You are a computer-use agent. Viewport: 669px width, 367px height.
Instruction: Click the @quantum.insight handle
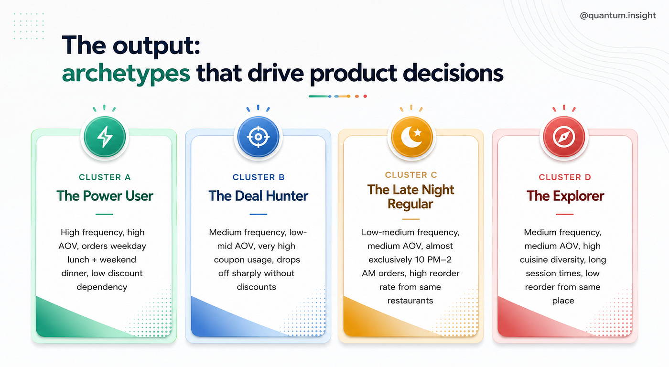(x=617, y=15)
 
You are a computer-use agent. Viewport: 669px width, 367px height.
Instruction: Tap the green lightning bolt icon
(x=105, y=137)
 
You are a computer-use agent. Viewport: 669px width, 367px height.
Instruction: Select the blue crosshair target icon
(x=259, y=137)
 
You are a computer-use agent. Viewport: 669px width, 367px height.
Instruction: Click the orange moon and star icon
(x=411, y=137)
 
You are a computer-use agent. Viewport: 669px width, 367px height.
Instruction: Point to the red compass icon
(x=564, y=137)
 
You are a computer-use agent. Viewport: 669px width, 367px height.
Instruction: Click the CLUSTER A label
(x=105, y=177)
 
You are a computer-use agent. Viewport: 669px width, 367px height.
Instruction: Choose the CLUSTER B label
(x=259, y=177)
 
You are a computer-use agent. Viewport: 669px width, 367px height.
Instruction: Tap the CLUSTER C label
(x=411, y=175)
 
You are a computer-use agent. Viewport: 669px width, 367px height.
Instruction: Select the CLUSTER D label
(x=565, y=177)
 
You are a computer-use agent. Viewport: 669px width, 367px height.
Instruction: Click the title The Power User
(x=105, y=196)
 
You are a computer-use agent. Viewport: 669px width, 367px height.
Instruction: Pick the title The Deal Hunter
(x=259, y=196)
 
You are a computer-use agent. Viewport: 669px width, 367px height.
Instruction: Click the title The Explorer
(x=565, y=196)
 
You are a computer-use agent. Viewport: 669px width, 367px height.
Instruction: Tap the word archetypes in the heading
(x=126, y=74)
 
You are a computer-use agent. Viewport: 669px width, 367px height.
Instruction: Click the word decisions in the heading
(x=453, y=73)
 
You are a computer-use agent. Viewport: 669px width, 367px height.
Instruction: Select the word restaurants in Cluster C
(x=410, y=301)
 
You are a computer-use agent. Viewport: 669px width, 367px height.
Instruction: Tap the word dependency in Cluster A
(x=102, y=287)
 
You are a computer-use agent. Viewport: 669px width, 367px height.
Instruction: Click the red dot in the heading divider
(x=365, y=96)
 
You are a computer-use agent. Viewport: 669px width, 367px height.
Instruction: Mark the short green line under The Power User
(x=104, y=214)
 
